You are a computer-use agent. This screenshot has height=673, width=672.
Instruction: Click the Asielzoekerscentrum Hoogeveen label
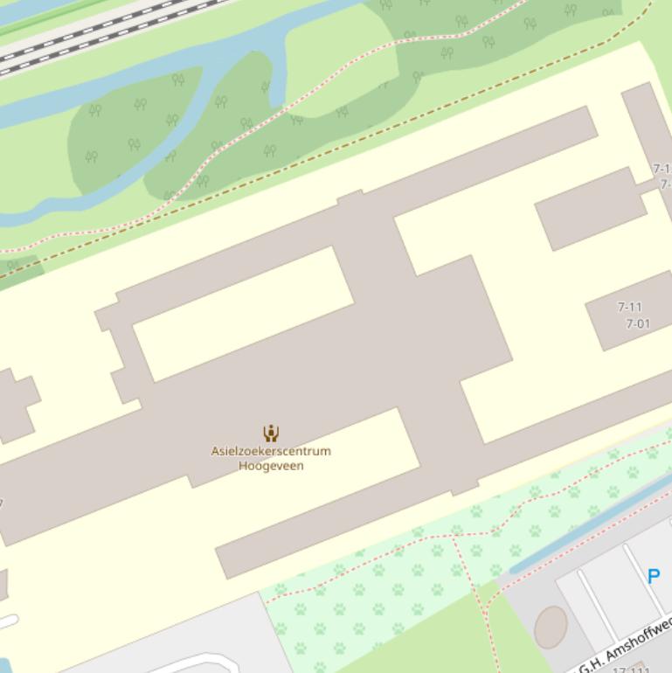pos(271,458)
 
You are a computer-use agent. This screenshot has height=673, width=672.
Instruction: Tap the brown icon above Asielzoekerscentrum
pos(271,433)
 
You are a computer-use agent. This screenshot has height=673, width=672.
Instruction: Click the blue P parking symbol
pos(653,576)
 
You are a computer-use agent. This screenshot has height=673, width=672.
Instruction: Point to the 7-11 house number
pos(629,307)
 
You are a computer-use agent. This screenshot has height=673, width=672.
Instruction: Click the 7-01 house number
pos(638,323)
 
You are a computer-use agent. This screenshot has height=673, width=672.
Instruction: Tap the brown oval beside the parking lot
pos(551,627)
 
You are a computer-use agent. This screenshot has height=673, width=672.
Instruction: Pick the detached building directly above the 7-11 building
pos(590,209)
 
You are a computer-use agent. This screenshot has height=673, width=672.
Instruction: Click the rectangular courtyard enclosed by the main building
pos(243,313)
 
